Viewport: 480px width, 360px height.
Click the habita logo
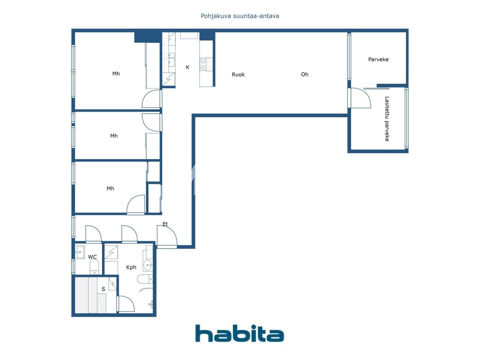point(239,333)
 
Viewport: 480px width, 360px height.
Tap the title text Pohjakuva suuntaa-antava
point(240,16)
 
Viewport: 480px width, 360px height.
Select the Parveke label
point(378,59)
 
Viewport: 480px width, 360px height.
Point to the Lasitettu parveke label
point(387,119)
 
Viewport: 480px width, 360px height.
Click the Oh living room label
point(304,74)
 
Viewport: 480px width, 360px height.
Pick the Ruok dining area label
point(238,75)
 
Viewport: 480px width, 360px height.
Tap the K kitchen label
point(187,67)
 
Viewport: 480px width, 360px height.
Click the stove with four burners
point(206,64)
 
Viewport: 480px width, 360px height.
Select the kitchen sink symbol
point(169,60)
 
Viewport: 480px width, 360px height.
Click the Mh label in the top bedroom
point(116,73)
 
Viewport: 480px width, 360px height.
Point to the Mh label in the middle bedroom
point(114,136)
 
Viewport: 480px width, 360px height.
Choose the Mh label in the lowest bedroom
point(110,188)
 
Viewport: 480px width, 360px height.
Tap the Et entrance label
point(165,224)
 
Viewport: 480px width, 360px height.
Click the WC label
point(92,257)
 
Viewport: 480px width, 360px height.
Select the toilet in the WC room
point(94,267)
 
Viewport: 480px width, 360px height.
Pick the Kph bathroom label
point(131,267)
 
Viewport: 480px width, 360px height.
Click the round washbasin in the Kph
point(147,265)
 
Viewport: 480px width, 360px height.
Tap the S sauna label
point(103,289)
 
